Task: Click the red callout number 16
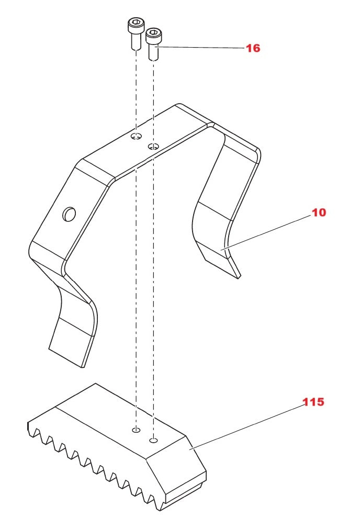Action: pos(253,48)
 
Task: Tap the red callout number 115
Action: pos(313,402)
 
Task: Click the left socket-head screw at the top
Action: pos(135,33)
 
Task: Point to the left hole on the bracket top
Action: pos(136,137)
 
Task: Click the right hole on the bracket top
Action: pos(153,146)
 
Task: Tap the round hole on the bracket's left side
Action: pos(69,214)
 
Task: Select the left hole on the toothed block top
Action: pos(136,430)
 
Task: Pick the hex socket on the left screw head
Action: pos(134,23)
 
